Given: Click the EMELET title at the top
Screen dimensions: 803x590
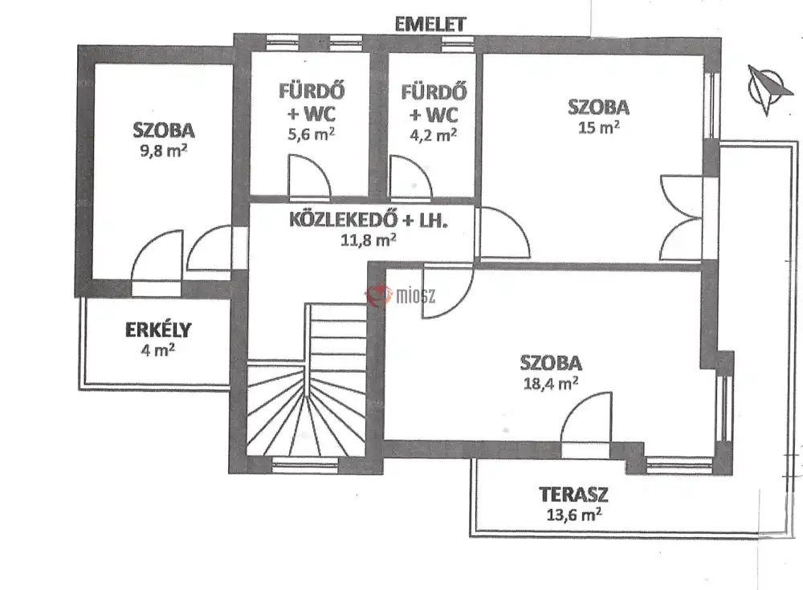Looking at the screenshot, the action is (x=430, y=24).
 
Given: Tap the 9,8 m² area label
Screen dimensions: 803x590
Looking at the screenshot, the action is (x=163, y=151).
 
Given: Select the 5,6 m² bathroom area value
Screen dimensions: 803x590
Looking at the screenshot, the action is (x=312, y=134).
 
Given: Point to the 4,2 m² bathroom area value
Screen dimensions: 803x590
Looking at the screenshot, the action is (x=434, y=135).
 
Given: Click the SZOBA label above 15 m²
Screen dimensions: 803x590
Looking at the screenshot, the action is (x=598, y=107).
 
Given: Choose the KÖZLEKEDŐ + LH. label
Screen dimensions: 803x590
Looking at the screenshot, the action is (x=369, y=220).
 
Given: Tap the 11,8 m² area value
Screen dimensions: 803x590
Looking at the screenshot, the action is (x=369, y=240).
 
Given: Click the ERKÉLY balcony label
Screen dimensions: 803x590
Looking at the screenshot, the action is (x=158, y=330).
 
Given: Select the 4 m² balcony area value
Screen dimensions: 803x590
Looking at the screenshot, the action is (x=157, y=350).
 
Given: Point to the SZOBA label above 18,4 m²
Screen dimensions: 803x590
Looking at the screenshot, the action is (x=551, y=363).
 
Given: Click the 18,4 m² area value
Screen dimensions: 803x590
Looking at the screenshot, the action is (x=551, y=383).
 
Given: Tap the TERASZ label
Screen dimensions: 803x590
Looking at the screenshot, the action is (x=573, y=494).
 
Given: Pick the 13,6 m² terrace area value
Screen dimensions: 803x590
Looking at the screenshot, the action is (x=573, y=515).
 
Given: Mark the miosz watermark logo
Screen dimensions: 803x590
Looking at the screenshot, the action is (x=401, y=295).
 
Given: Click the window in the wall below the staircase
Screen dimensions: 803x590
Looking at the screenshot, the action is (x=304, y=465).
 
